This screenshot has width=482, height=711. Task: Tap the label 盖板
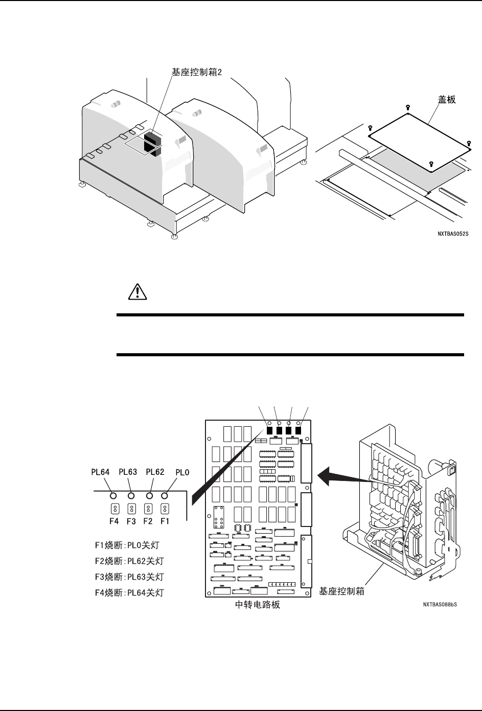click(446, 100)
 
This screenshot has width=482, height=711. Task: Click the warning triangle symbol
click(136, 292)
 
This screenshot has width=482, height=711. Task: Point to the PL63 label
click(128, 472)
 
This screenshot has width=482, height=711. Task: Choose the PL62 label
click(155, 472)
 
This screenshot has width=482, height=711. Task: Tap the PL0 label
click(182, 472)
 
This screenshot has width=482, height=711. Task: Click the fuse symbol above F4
click(116, 509)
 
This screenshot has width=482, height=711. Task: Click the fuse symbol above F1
click(165, 509)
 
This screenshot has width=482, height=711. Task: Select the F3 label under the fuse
click(132, 522)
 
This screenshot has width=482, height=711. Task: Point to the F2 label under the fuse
click(148, 522)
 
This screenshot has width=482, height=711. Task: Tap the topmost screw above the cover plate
click(407, 107)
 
